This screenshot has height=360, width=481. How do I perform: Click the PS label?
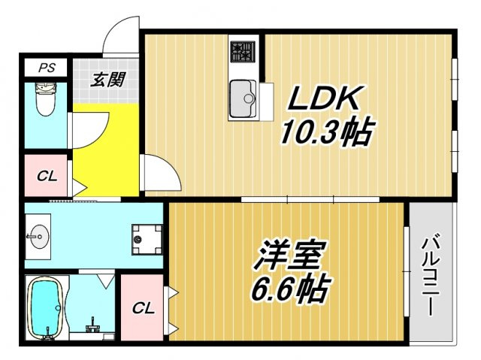tap(47, 68)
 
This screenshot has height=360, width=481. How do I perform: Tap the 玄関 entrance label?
tap(108, 80)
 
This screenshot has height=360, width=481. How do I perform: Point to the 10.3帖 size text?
tap(328, 132)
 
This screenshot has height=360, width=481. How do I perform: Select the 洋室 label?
tap(290, 256)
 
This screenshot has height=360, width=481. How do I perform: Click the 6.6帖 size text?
tap(291, 289)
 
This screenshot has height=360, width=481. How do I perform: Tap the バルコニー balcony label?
tap(431, 274)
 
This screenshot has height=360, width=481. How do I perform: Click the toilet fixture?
tap(46, 99)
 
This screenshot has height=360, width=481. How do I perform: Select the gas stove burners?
tap(243, 52)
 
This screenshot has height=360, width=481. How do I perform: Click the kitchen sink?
tap(243, 98)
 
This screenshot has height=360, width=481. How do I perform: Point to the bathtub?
tap(47, 307)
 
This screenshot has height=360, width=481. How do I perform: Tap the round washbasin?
tap(40, 237)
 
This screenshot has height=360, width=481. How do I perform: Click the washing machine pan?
tap(147, 240)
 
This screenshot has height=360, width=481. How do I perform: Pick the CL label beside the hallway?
tap(47, 177)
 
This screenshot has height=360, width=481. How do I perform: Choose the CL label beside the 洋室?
tap(143, 308)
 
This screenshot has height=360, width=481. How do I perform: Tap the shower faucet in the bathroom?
tap(92, 325)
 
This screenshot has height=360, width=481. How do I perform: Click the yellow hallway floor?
tap(106, 150)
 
